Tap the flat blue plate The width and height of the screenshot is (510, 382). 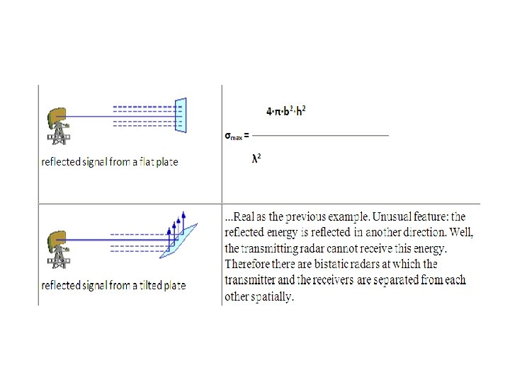point(181,115)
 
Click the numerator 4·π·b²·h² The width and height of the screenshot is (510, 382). point(286,111)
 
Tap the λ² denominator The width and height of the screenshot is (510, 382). point(256,158)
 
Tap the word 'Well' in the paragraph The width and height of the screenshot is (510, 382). point(461,232)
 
